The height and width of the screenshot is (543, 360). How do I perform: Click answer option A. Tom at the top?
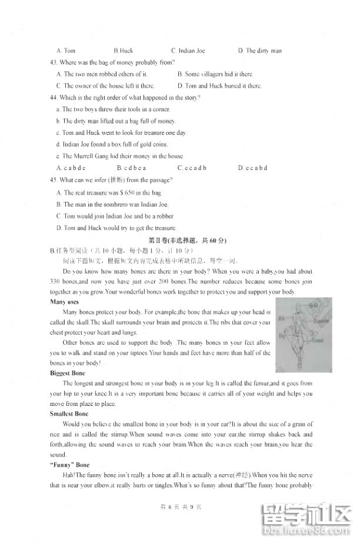click(66, 51)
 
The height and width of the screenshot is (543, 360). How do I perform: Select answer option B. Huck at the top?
click(124, 51)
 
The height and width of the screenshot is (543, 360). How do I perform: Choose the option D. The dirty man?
click(259, 51)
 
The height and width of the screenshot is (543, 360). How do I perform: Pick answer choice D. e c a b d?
click(252, 168)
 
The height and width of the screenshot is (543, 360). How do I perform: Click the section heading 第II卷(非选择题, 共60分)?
click(188, 240)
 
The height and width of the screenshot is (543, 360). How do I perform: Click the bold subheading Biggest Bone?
click(68, 374)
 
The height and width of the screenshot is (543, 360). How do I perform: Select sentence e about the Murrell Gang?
click(111, 156)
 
